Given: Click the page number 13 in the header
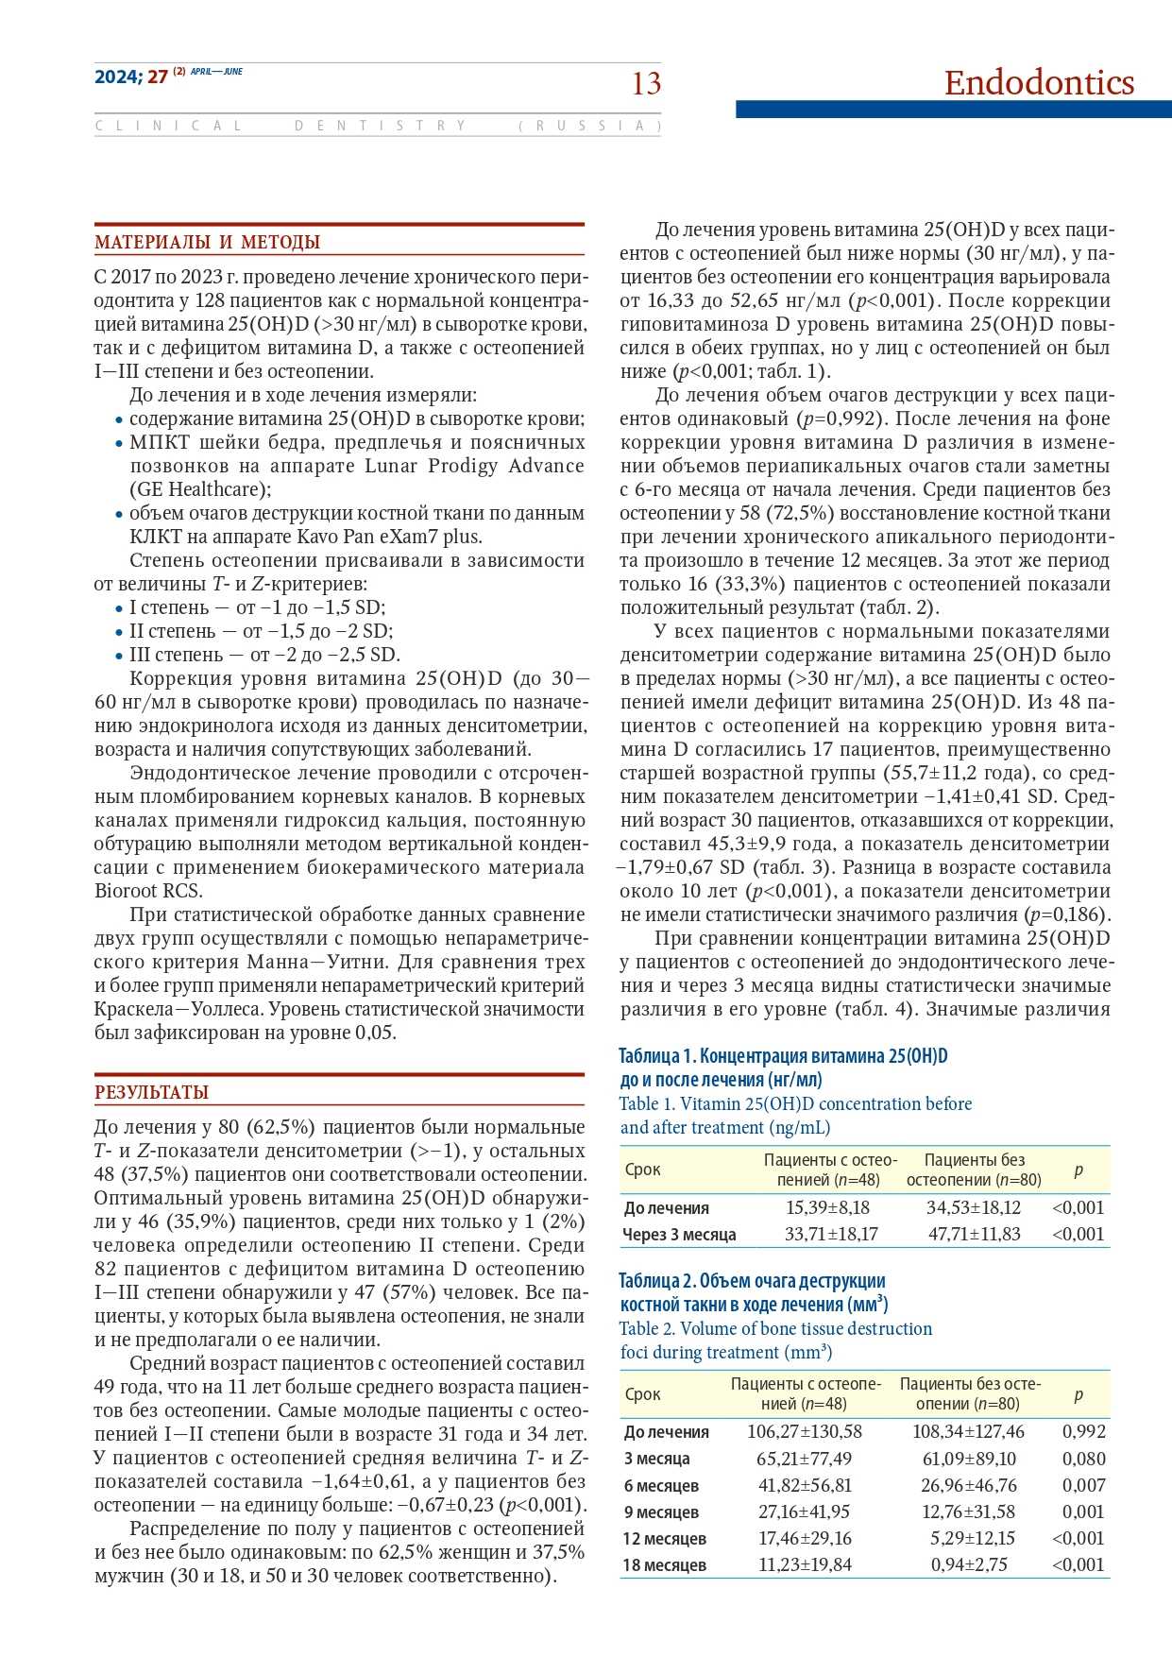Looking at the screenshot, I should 646,84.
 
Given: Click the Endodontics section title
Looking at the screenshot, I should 1039,83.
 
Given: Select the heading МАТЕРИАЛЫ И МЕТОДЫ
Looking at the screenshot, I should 207,243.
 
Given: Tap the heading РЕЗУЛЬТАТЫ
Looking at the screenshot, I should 151,1093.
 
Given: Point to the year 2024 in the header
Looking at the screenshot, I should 117,77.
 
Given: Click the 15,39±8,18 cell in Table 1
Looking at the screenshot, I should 827,1207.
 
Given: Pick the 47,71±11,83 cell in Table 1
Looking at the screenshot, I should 974,1234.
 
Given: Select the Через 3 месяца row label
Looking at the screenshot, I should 679,1235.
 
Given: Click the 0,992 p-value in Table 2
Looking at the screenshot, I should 1083,1431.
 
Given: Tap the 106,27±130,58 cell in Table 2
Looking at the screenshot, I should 805,1431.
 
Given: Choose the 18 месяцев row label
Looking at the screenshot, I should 664,1564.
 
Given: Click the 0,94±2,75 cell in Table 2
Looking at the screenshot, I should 969,1564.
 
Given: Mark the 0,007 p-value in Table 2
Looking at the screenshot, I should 1083,1485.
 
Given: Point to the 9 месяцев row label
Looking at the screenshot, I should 661,1512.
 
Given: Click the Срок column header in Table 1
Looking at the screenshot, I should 643,1170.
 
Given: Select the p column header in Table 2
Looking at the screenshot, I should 1079,1394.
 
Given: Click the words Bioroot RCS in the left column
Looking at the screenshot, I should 148,891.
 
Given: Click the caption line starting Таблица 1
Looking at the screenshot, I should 783,1056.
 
